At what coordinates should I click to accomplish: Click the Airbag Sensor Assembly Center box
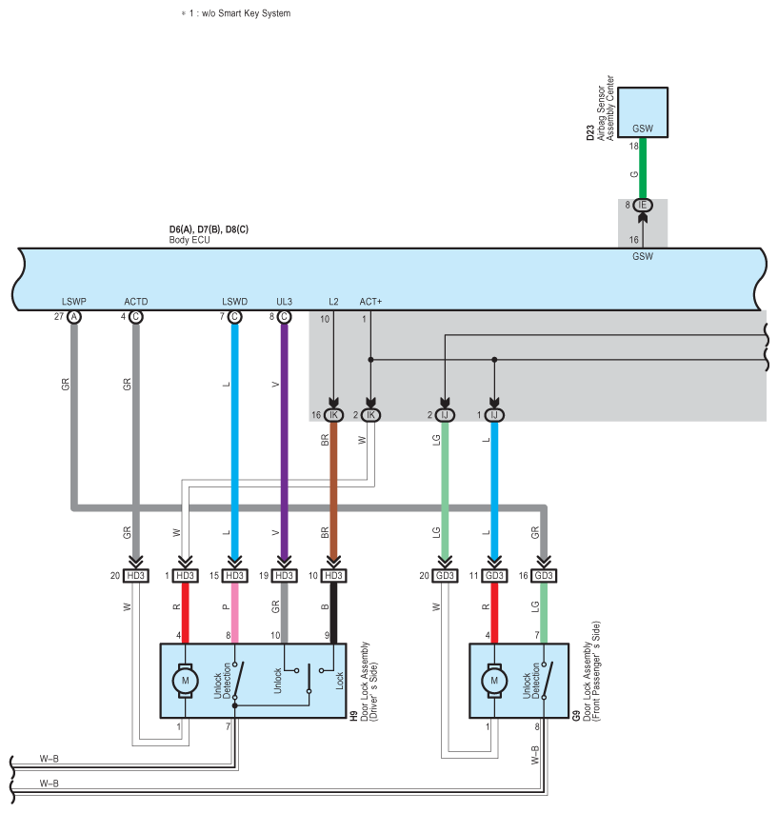[643, 111]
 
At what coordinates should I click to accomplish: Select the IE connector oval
[643, 205]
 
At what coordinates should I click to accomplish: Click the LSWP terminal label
[73, 302]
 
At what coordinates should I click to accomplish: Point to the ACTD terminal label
[136, 302]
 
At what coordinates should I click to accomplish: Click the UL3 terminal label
[284, 302]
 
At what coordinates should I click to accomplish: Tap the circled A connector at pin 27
[74, 317]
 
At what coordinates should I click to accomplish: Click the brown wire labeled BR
[333, 495]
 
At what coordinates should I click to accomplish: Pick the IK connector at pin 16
[333, 415]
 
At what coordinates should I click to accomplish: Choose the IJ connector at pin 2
[445, 415]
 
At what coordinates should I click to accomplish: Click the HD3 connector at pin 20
[136, 576]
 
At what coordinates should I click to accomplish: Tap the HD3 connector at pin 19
[284, 576]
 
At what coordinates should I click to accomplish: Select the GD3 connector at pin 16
[544, 576]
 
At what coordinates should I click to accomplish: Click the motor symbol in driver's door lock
[185, 680]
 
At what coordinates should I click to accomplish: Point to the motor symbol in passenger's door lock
[493, 680]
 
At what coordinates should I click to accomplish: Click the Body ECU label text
[190, 240]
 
